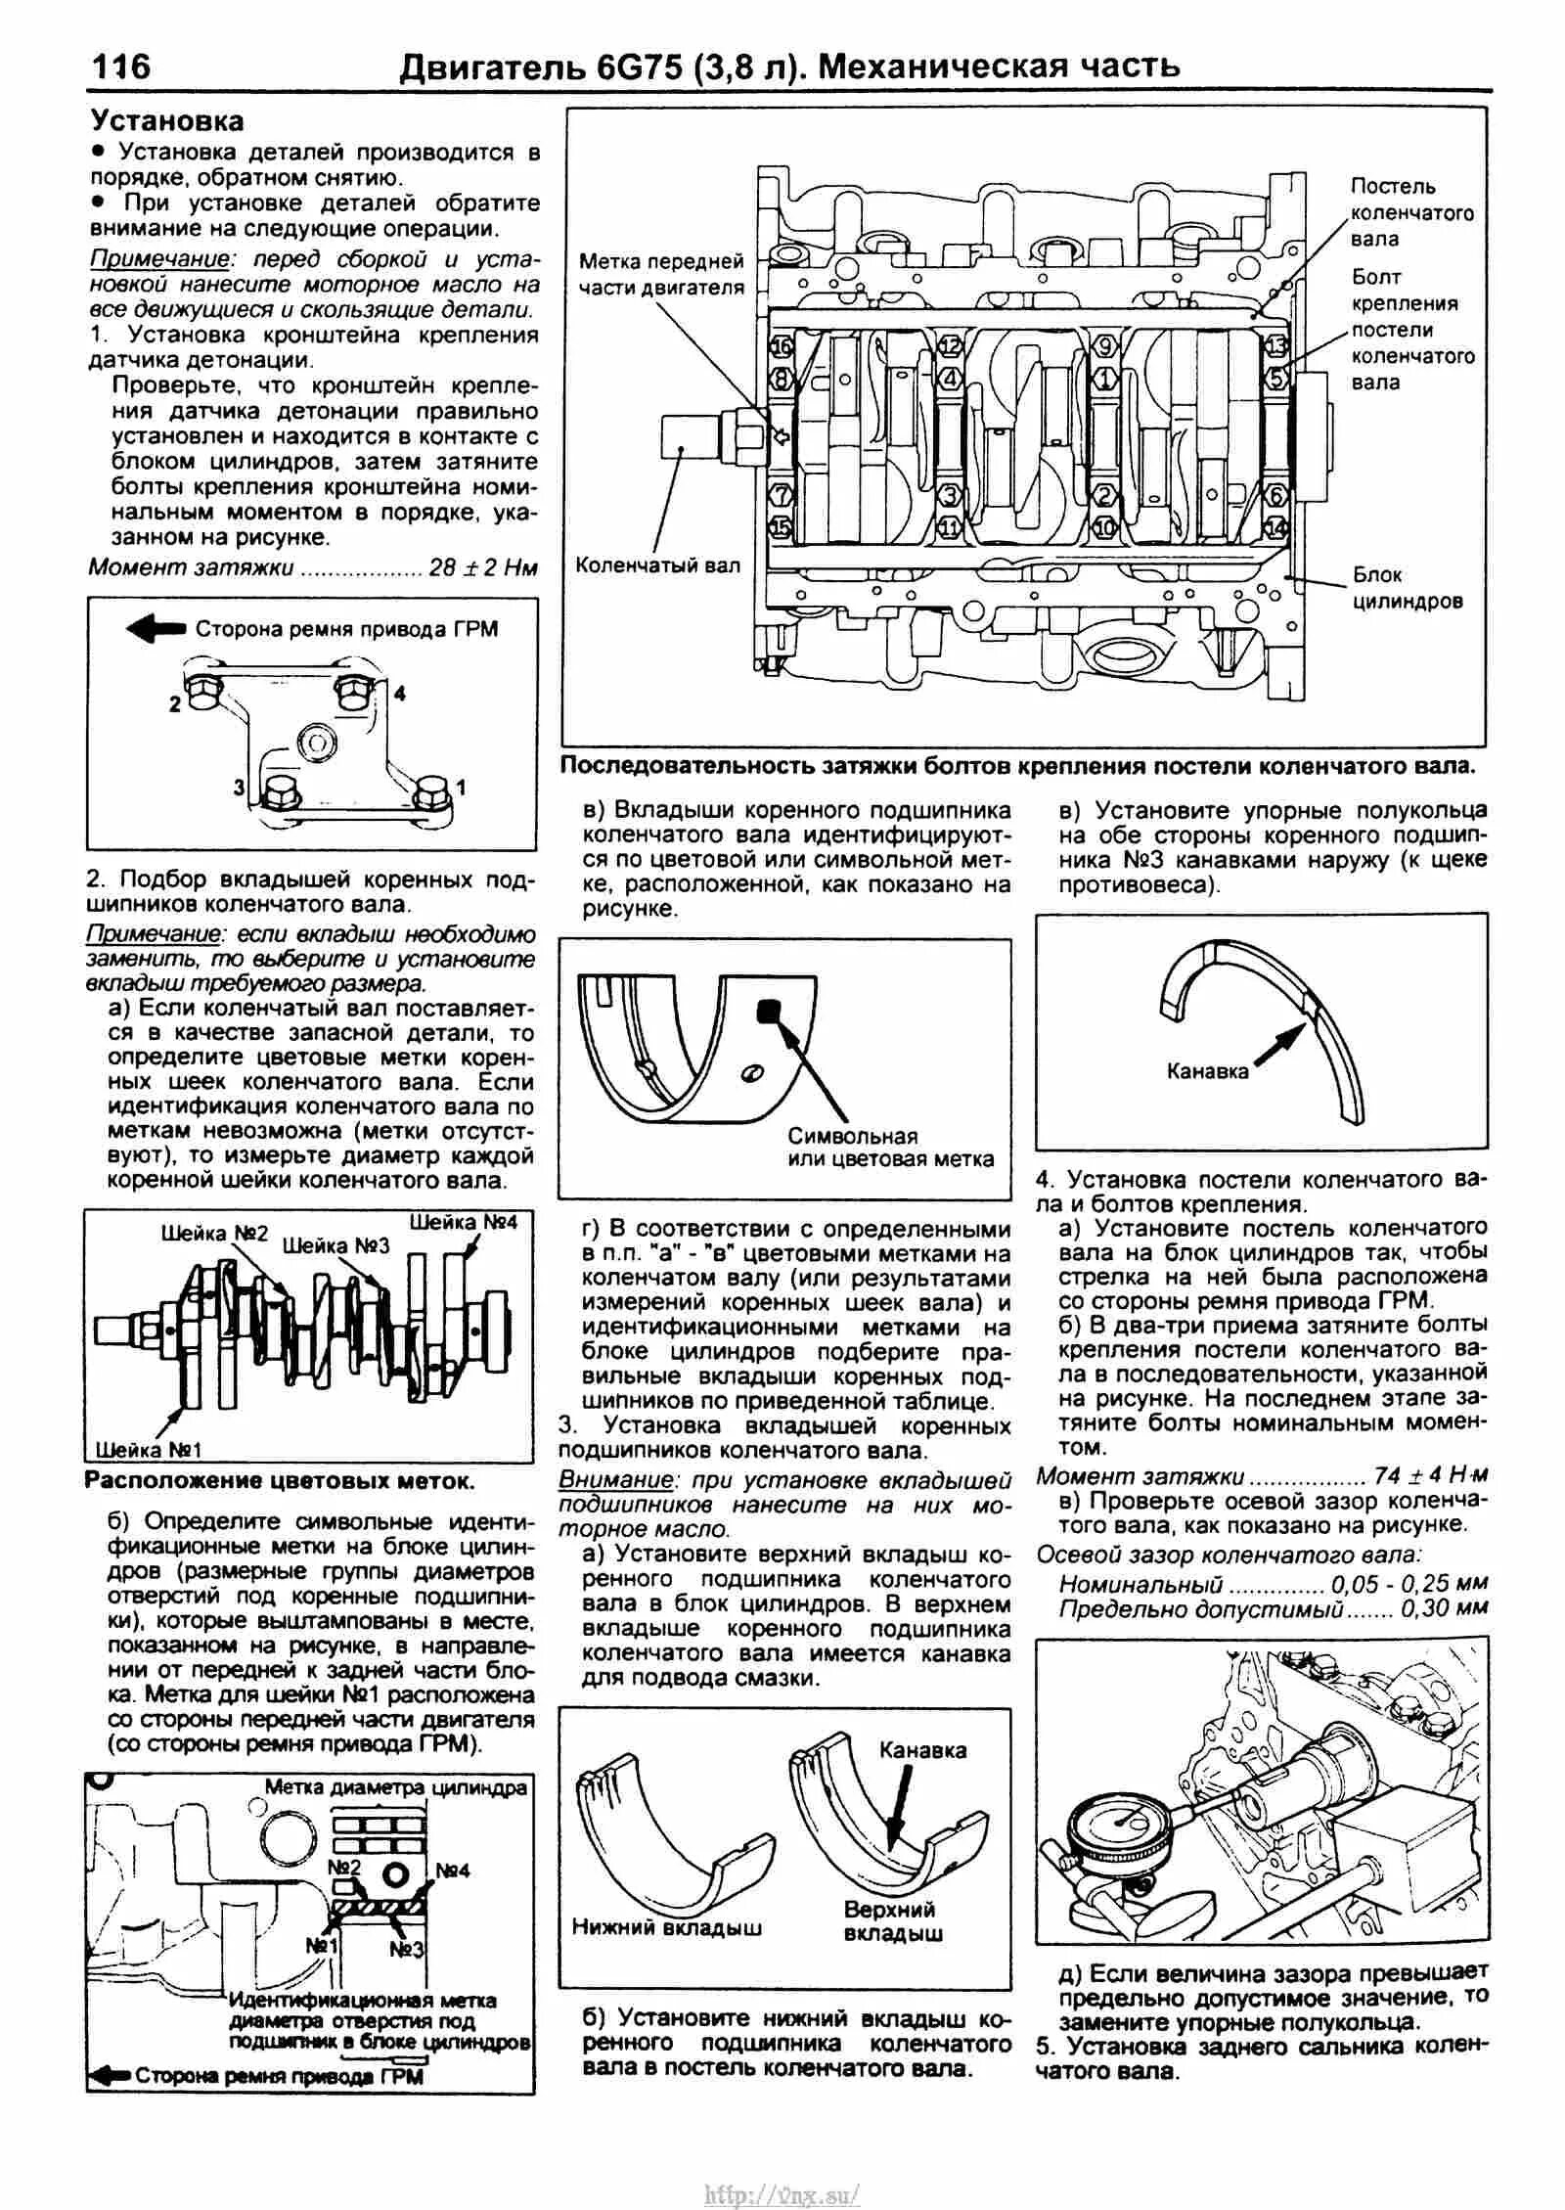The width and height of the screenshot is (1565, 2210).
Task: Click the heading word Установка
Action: (167, 121)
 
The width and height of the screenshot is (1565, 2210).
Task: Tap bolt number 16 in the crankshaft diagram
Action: (782, 347)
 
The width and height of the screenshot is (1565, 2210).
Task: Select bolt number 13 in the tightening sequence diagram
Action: (1274, 346)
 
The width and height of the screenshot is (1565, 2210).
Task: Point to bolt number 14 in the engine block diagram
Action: (1274, 527)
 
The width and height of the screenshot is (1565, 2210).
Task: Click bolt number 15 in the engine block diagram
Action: (782, 528)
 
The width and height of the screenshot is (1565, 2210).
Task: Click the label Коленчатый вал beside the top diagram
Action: (657, 565)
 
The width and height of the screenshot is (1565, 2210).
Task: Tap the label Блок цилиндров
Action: (1408, 588)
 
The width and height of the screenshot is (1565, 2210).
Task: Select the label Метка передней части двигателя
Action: (661, 274)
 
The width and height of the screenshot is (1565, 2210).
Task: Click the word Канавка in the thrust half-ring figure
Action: (1207, 1070)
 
